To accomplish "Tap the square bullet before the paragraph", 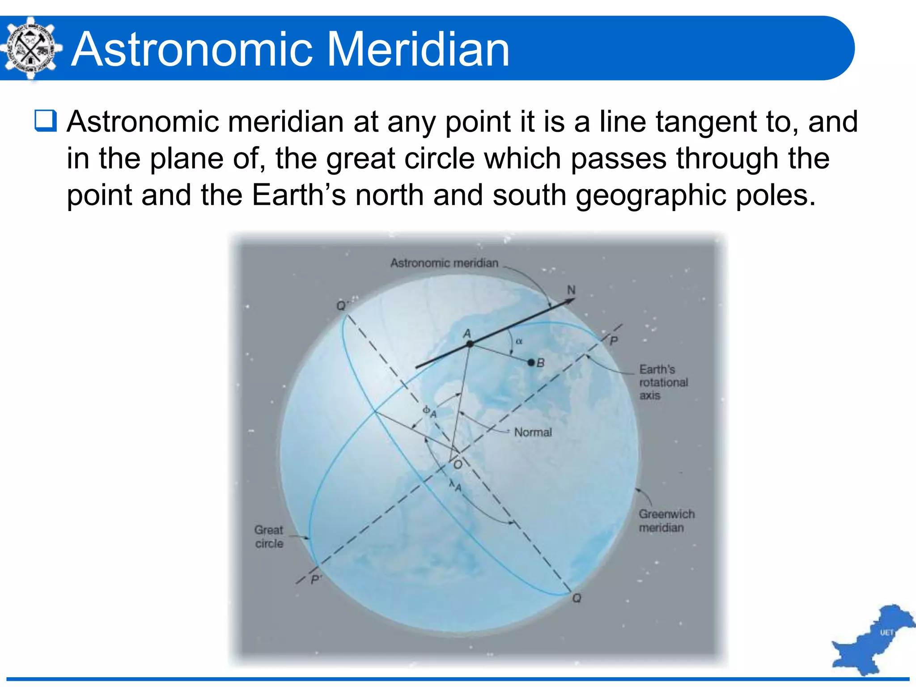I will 46,121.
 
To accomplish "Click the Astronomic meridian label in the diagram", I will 444,263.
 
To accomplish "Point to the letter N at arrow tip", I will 571,290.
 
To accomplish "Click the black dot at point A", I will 470,344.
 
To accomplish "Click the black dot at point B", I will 531,362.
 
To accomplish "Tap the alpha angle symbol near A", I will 519,341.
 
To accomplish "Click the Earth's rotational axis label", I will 663,382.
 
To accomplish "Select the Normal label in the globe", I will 533,433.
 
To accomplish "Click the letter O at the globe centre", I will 458,465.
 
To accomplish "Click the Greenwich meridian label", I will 666,521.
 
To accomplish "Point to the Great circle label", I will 269,537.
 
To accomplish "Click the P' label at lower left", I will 316,580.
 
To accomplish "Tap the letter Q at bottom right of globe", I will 577,598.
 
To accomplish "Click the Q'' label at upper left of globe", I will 342,306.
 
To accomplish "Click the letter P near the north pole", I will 614,341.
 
